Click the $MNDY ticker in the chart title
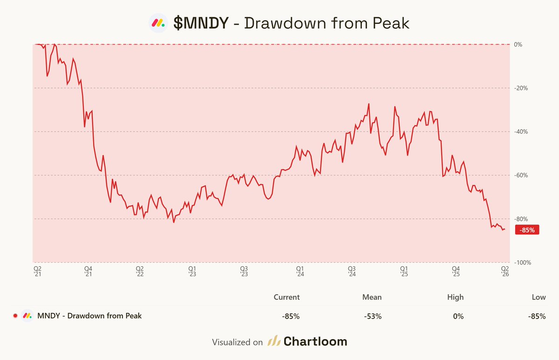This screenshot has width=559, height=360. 201,23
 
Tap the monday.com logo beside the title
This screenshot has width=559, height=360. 158,23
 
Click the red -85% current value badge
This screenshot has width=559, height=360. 527,230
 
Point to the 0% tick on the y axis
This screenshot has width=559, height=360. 518,45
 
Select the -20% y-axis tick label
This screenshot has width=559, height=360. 520,88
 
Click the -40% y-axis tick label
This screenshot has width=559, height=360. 520,132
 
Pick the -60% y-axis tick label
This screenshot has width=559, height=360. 520,176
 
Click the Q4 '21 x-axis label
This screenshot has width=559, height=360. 88,272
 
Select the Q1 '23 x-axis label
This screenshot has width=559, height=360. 192,272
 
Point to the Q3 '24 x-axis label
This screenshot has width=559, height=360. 352,272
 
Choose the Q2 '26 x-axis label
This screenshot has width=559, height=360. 504,272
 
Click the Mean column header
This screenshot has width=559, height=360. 372,297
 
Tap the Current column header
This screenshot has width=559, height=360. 286,297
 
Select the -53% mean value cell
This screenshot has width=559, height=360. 374,316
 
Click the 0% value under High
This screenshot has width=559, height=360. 458,316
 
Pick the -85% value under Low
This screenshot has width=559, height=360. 537,316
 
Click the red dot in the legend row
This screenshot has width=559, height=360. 15,316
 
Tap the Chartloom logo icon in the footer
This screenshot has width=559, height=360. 273,341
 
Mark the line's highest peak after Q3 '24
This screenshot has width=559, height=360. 368,104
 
